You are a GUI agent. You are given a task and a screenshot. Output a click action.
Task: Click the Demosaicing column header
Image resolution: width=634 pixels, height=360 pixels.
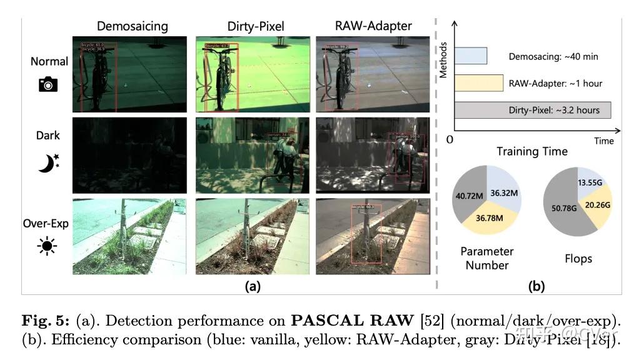132,26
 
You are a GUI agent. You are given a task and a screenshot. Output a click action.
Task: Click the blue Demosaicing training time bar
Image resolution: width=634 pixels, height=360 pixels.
471,56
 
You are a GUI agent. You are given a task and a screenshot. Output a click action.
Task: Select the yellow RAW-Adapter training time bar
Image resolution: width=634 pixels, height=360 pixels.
479,83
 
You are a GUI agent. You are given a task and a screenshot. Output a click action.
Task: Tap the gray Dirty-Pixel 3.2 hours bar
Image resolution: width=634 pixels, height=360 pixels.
532,110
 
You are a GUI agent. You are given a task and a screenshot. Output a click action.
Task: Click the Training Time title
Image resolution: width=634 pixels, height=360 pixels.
531,152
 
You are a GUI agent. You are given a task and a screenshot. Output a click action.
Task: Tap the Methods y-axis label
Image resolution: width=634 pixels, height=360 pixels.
443,59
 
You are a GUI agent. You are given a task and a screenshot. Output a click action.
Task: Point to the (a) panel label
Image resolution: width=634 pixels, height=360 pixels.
252,287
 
